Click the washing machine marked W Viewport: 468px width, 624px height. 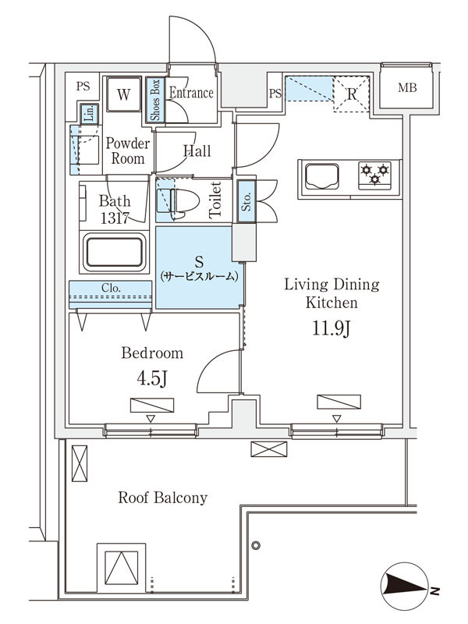coord(124,94)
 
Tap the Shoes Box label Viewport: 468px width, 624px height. coord(154,100)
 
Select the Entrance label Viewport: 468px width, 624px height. coord(191,93)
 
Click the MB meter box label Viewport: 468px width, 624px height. coord(407,87)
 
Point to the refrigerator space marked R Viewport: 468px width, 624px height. coord(352,94)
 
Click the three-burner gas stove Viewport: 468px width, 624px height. coord(374,175)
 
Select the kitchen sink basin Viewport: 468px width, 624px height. coord(322,176)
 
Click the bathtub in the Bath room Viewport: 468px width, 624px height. coord(114,252)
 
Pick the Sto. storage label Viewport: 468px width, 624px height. coord(246,201)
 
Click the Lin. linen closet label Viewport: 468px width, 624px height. coord(90,114)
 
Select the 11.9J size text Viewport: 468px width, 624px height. coord(331,328)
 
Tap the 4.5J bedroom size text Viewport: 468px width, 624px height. coord(151,378)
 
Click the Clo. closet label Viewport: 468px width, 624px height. coord(111,288)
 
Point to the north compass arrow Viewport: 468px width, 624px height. coord(405,586)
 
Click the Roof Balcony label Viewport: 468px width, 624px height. coord(163,498)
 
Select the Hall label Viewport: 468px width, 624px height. coord(197,151)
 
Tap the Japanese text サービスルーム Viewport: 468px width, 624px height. coord(199,276)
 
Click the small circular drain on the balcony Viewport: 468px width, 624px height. coord(256,545)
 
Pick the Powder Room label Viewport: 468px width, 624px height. coord(128,151)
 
